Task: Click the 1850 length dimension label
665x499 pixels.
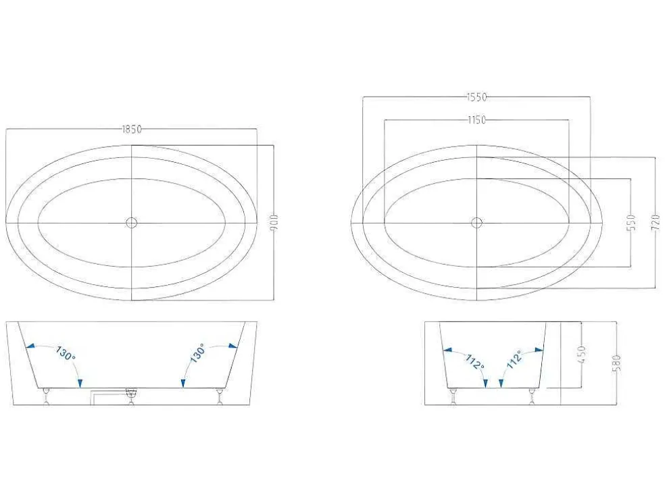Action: coord(132,129)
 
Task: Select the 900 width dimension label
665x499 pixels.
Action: coord(274,222)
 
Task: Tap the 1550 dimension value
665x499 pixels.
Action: coord(476,97)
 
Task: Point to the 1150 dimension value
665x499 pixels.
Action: coord(476,120)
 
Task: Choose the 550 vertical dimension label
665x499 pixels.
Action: coord(631,222)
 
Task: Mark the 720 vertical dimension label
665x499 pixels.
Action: coord(656,222)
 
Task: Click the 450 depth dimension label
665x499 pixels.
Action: coord(582,354)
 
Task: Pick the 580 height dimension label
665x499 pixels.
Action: coord(617,363)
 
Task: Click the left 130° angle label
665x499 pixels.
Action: coord(65,353)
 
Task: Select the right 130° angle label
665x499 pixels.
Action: coord(198,353)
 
